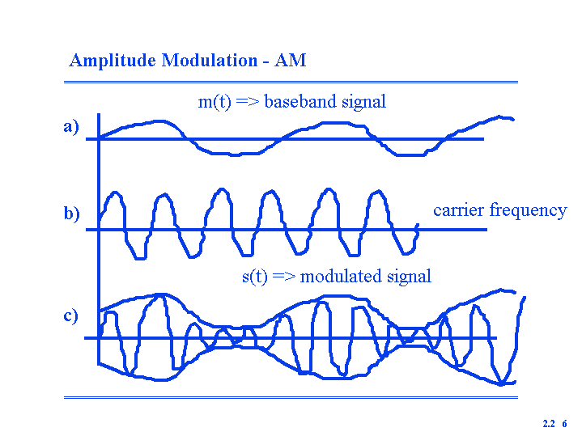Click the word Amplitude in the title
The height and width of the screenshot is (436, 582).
[x=113, y=61]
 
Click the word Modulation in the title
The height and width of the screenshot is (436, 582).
[x=210, y=60]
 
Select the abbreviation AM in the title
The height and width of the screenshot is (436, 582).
[x=291, y=60]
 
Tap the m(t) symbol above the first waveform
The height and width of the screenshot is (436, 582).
[x=215, y=102]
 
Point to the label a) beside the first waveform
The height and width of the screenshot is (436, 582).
[x=71, y=126]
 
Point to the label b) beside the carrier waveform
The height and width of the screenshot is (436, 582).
[x=71, y=214]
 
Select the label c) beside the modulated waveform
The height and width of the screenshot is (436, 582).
[x=70, y=315]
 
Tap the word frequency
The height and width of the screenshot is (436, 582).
[x=529, y=211]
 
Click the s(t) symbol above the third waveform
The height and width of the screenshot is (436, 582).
[x=255, y=277]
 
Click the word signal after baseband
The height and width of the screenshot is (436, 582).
[x=363, y=102]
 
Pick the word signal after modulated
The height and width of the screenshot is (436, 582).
[x=409, y=277]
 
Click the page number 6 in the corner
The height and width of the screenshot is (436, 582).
[x=564, y=424]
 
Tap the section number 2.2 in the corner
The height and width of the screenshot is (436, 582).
[x=549, y=424]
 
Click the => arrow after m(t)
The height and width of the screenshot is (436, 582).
[x=247, y=102]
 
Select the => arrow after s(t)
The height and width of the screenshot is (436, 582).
[x=283, y=277]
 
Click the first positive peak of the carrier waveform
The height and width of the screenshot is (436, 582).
[x=116, y=193]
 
